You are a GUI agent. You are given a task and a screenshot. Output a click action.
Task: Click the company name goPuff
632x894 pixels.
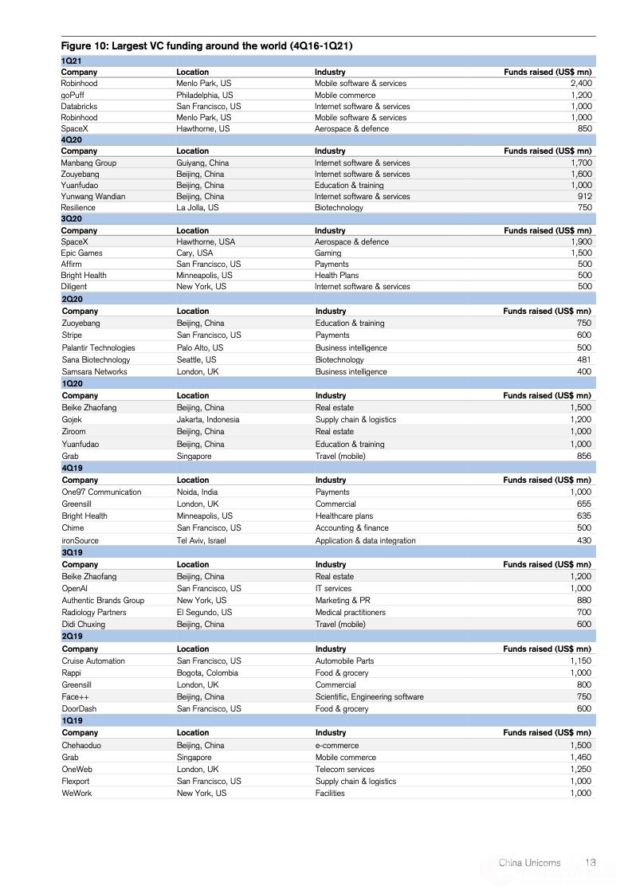(73, 95)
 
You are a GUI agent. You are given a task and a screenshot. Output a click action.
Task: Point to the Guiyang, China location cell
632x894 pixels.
(202, 163)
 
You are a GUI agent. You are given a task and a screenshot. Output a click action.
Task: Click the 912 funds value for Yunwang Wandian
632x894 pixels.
(584, 196)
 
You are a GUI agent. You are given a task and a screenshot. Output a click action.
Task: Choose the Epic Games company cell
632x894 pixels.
(81, 253)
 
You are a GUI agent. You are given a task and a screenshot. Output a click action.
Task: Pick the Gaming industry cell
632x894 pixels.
(328, 253)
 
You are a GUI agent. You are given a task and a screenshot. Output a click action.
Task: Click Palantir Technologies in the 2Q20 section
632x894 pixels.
(99, 347)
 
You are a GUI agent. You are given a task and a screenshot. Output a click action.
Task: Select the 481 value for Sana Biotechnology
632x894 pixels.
(584, 359)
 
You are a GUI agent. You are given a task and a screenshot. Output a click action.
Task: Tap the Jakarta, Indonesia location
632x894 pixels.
(208, 419)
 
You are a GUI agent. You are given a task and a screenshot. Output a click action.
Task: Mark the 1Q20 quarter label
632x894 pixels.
(72, 383)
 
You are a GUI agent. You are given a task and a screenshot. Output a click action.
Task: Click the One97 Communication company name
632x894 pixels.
(101, 492)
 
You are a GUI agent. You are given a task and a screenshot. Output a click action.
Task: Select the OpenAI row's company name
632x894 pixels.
(75, 588)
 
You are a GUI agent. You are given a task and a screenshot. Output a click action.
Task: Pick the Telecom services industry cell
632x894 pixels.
(344, 769)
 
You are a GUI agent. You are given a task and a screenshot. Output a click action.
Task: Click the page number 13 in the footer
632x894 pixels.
(591, 862)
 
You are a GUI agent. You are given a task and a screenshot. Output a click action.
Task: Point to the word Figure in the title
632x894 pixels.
(78, 46)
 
